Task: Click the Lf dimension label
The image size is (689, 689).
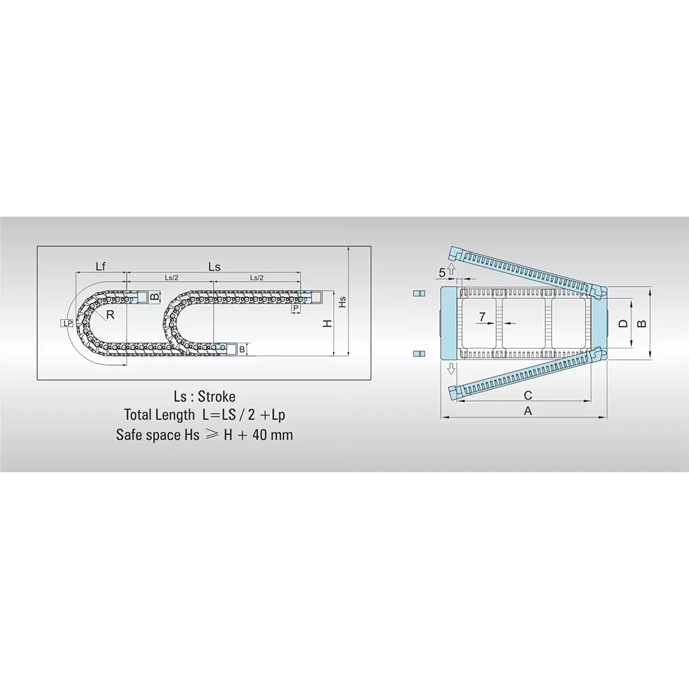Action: [x=101, y=266]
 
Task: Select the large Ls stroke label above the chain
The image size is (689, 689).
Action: [x=214, y=266]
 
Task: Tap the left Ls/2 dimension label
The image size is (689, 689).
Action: [x=171, y=278]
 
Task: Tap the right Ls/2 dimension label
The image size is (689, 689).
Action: [x=256, y=278]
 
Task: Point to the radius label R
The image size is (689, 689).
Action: [x=110, y=315]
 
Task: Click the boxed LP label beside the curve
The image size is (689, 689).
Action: [x=67, y=322]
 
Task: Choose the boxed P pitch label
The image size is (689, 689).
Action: [x=296, y=309]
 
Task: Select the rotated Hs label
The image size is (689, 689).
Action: [x=342, y=302]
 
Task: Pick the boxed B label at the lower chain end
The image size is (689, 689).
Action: [x=242, y=349]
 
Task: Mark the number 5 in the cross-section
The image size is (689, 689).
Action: [x=442, y=273]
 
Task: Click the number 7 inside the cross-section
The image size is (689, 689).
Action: [x=482, y=316]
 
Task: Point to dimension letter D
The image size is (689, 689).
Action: [x=621, y=323]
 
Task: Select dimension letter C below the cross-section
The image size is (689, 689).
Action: [x=528, y=395]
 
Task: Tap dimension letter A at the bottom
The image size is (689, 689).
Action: [x=528, y=411]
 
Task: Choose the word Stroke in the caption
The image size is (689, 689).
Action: [x=216, y=397]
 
